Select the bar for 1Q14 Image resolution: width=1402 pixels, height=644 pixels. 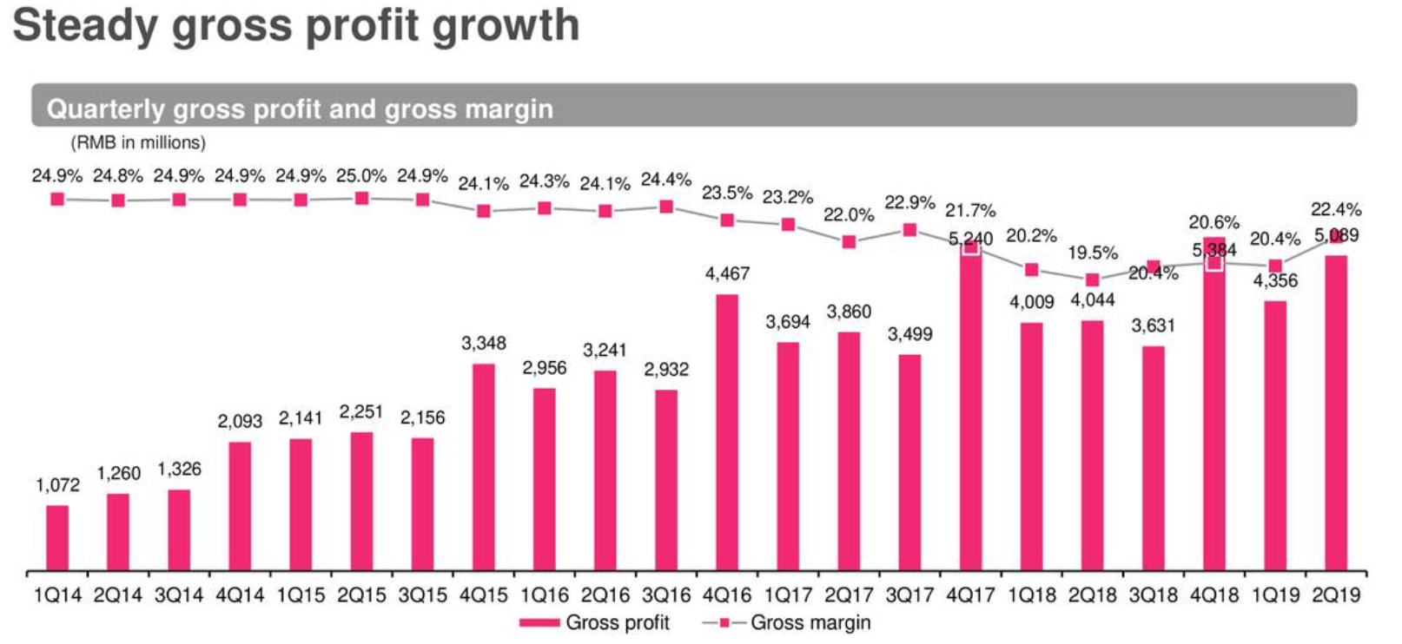click(x=57, y=538)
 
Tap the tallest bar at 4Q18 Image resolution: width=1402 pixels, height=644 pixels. click(x=1214, y=408)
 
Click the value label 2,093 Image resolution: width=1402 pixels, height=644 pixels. click(x=240, y=422)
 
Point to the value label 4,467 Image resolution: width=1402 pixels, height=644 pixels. click(x=727, y=274)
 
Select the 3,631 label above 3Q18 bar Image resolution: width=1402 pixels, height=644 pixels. click(x=1153, y=326)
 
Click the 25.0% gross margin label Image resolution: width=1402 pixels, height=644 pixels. click(x=361, y=176)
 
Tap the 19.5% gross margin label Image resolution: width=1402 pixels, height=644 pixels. click(x=1092, y=253)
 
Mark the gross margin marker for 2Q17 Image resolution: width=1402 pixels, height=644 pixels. click(x=849, y=242)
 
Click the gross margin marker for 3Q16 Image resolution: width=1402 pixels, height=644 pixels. click(x=666, y=207)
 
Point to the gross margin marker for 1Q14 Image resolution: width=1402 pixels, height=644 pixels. click(x=57, y=200)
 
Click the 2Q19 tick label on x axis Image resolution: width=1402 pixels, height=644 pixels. click(x=1336, y=595)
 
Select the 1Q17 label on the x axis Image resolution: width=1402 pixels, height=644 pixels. click(x=788, y=595)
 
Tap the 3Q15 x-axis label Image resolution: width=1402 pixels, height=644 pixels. click(x=422, y=595)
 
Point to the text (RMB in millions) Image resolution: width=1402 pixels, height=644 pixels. click(x=138, y=142)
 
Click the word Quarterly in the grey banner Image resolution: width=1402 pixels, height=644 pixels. click(x=105, y=109)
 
